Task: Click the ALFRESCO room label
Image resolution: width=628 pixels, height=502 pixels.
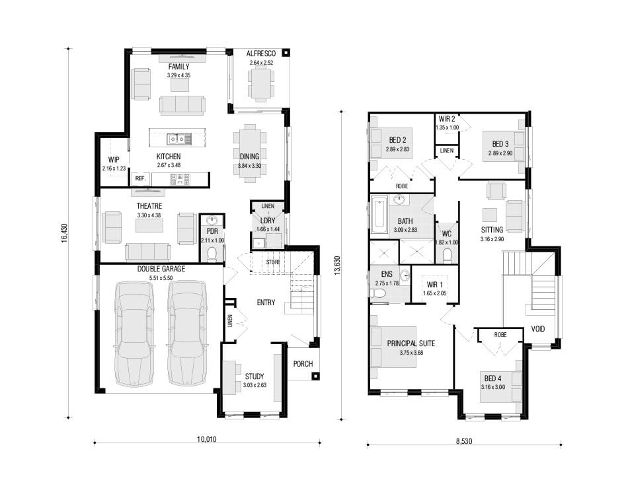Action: (x=260, y=54)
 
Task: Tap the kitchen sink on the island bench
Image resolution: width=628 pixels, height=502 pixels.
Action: (x=179, y=139)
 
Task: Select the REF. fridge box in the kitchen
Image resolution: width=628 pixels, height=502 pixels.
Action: (x=140, y=178)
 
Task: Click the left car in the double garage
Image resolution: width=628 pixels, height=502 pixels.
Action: (x=134, y=334)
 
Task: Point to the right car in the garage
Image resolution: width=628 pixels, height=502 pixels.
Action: (x=187, y=334)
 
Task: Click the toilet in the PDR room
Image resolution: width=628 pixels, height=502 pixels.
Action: (x=212, y=254)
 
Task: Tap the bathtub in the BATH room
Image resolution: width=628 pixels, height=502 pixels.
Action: (x=379, y=216)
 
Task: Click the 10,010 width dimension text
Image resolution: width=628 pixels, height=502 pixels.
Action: (x=206, y=439)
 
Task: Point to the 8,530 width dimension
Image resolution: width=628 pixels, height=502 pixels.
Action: (x=464, y=441)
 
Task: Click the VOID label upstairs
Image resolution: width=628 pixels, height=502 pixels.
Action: (x=538, y=329)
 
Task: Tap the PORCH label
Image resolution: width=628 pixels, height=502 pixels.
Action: (x=303, y=363)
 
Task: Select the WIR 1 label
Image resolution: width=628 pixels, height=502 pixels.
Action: (x=434, y=285)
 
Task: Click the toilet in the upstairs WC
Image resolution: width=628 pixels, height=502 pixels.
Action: (x=447, y=254)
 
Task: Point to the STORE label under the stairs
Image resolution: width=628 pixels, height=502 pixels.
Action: (x=273, y=262)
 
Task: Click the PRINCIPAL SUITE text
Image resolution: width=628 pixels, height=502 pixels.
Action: (x=411, y=343)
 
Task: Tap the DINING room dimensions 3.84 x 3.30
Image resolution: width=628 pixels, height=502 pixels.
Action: (x=249, y=165)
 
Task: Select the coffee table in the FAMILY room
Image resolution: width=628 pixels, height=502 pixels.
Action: (x=179, y=85)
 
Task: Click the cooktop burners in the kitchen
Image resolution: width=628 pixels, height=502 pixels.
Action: (x=180, y=179)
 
